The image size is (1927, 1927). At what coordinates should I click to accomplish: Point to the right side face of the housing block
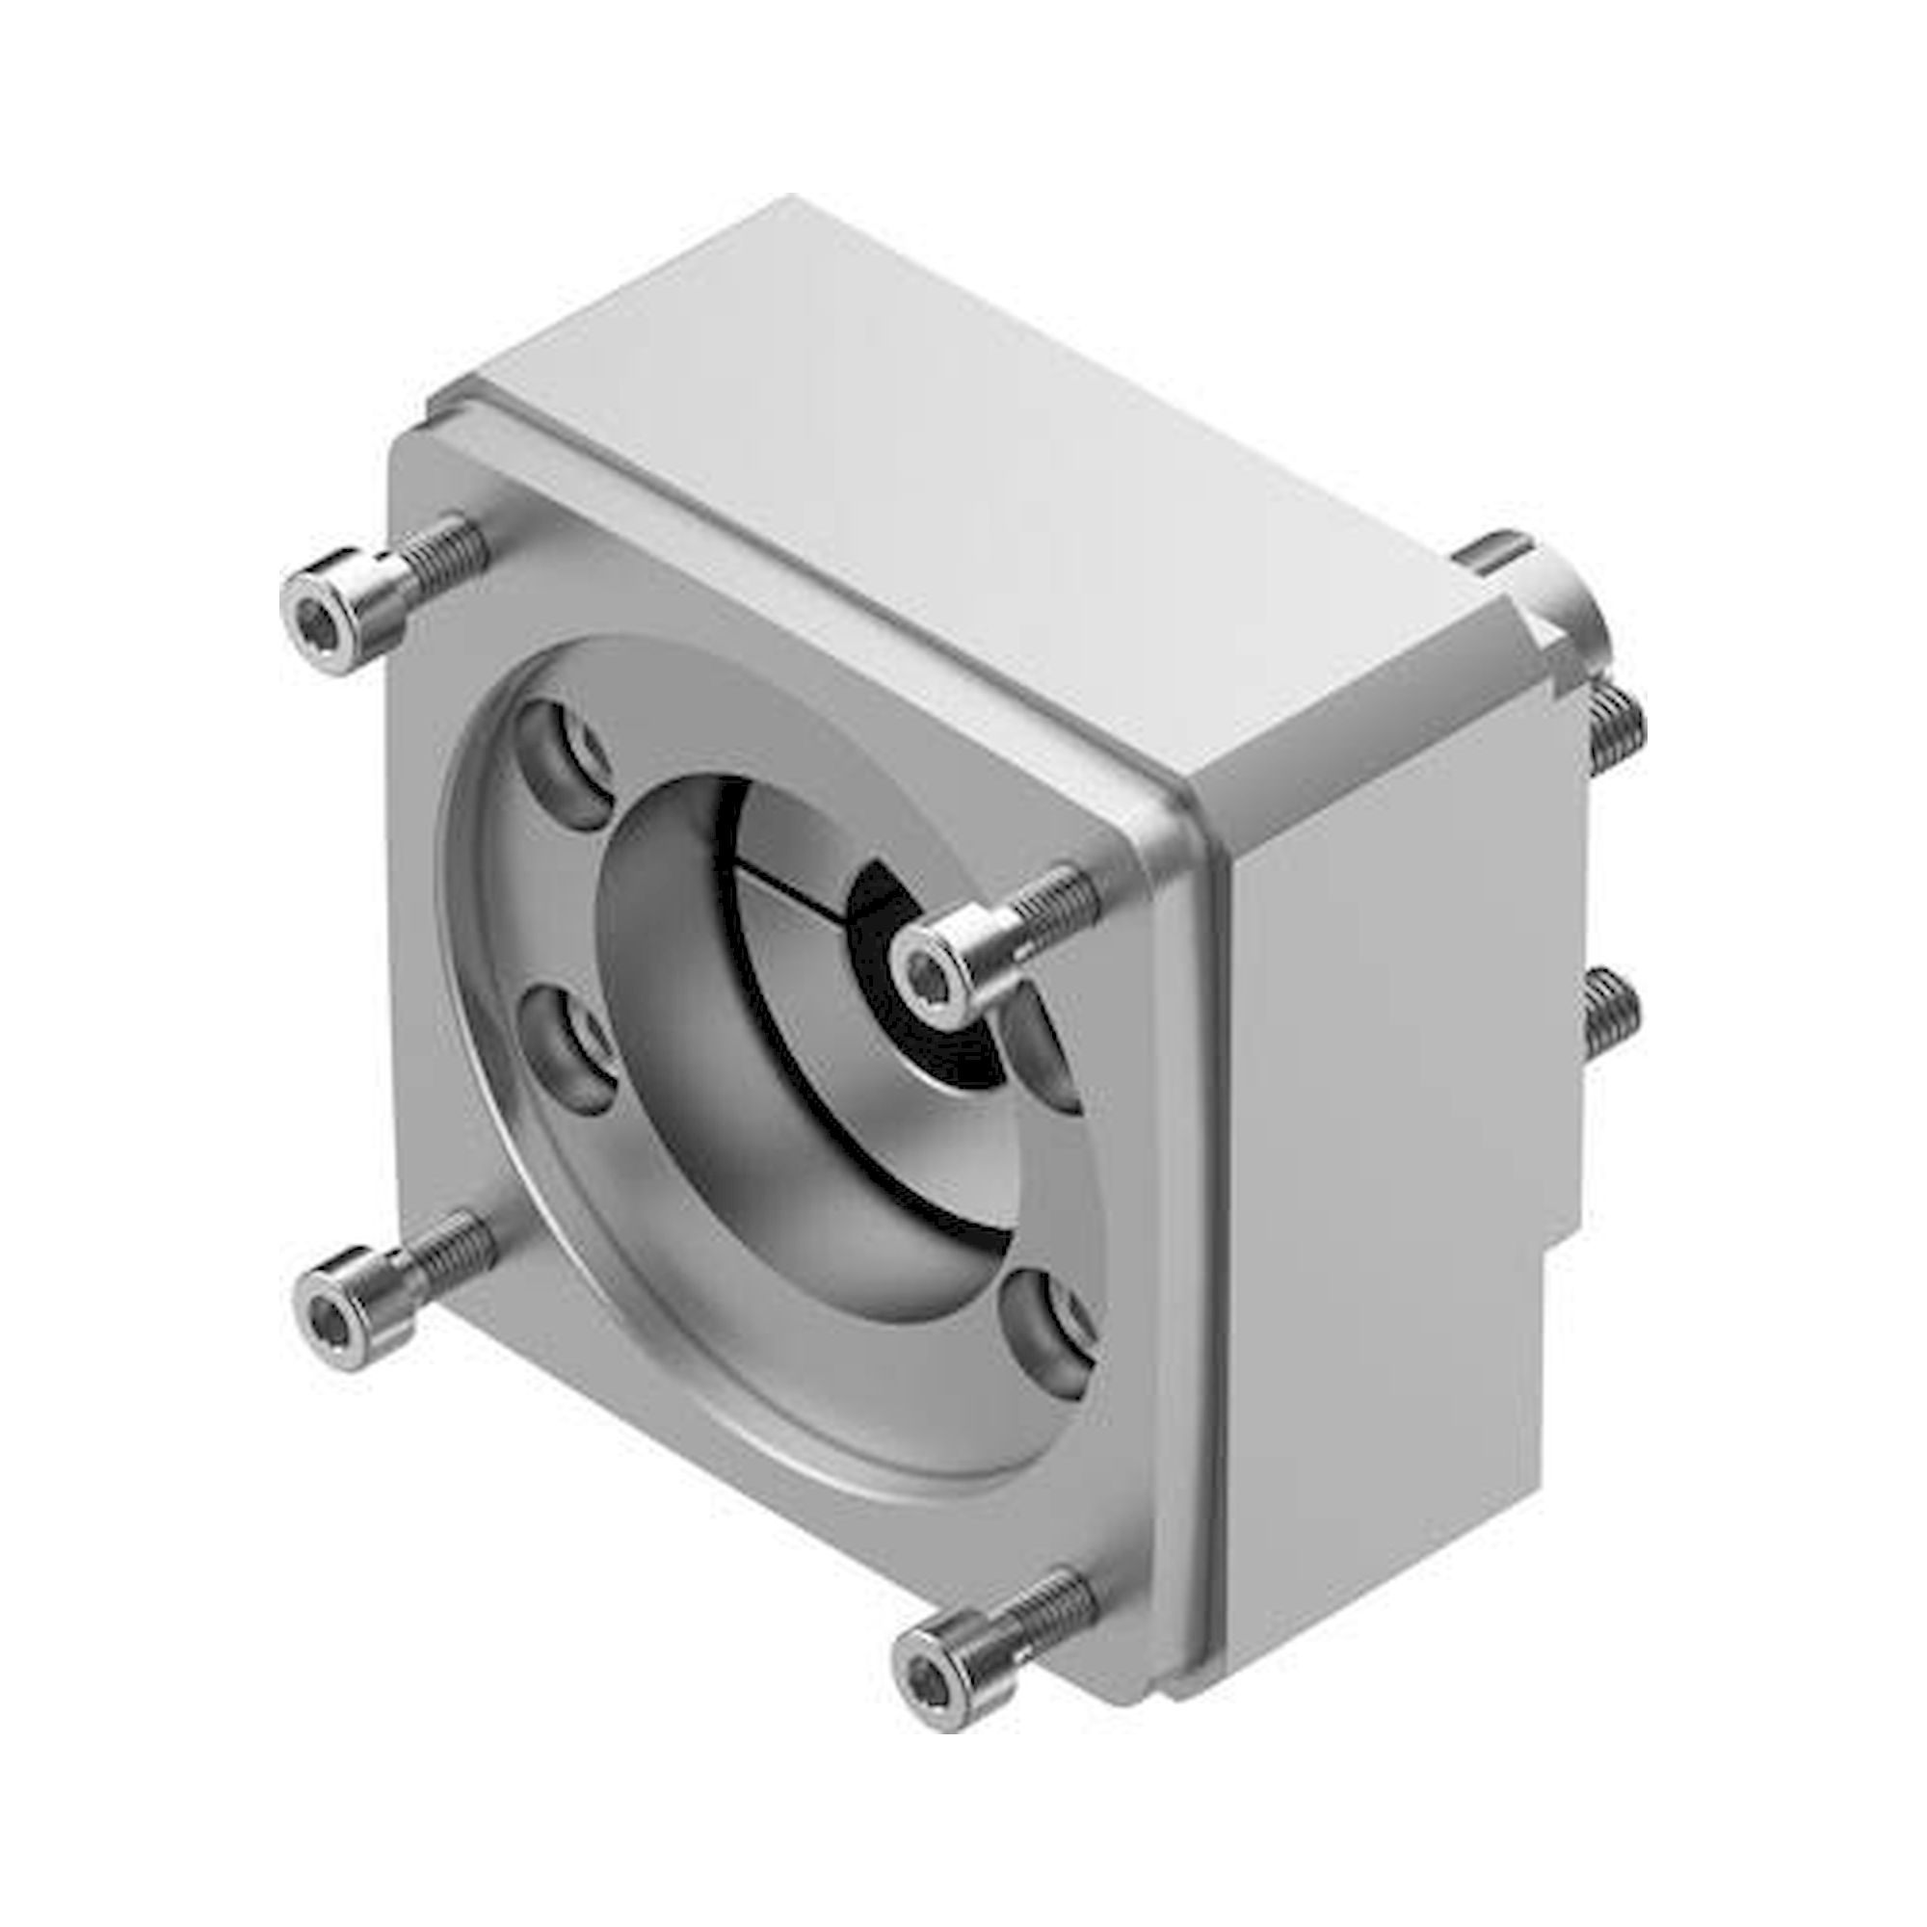[x=1396, y=1147]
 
